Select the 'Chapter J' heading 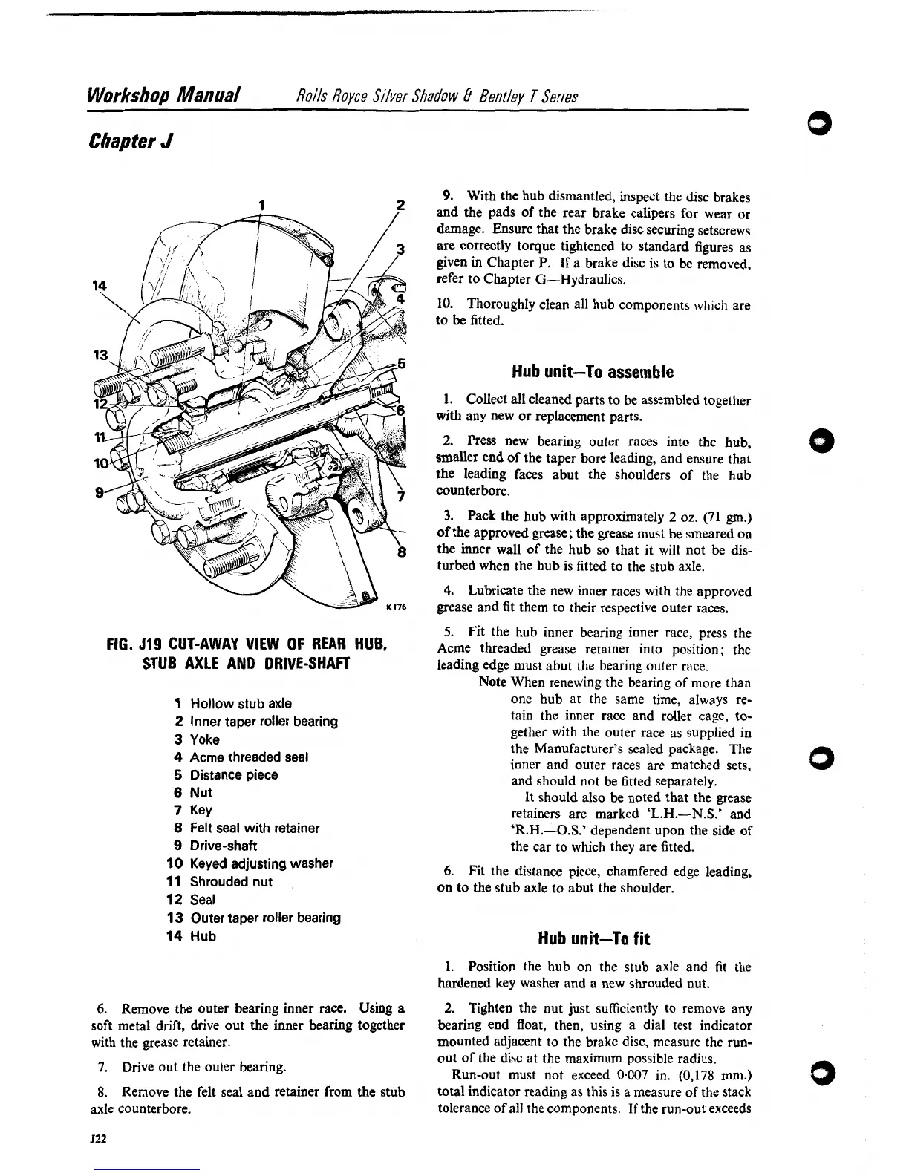131,140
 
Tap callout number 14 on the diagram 97,286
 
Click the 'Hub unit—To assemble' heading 593,371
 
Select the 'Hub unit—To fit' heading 593,939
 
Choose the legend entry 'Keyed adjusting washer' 261,863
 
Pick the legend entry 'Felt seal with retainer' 254,828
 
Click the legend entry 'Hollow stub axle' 241,703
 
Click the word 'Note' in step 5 493,682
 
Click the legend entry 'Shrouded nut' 231,882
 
